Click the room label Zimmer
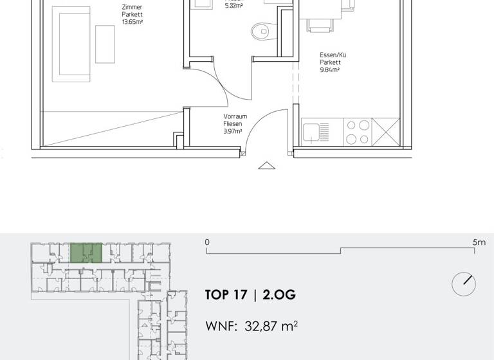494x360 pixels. (132, 8)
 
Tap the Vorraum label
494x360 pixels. (233, 116)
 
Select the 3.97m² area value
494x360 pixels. (232, 131)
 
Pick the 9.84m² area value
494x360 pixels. (329, 70)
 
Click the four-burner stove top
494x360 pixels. (358, 132)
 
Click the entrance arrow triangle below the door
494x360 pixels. (266, 165)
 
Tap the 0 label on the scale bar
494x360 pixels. (207, 242)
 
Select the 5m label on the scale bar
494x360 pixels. (479, 242)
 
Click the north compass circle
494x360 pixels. (463, 284)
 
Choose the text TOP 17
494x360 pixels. (226, 295)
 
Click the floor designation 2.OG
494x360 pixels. (279, 295)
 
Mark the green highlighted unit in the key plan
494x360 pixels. (86, 252)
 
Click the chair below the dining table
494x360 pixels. (320, 24)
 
